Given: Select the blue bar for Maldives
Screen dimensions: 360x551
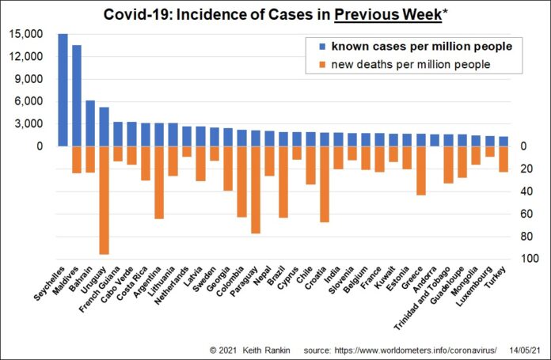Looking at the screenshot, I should [x=77, y=95].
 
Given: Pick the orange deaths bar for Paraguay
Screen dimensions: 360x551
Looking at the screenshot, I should [x=256, y=190].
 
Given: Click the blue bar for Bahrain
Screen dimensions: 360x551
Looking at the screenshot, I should [x=90, y=123].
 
